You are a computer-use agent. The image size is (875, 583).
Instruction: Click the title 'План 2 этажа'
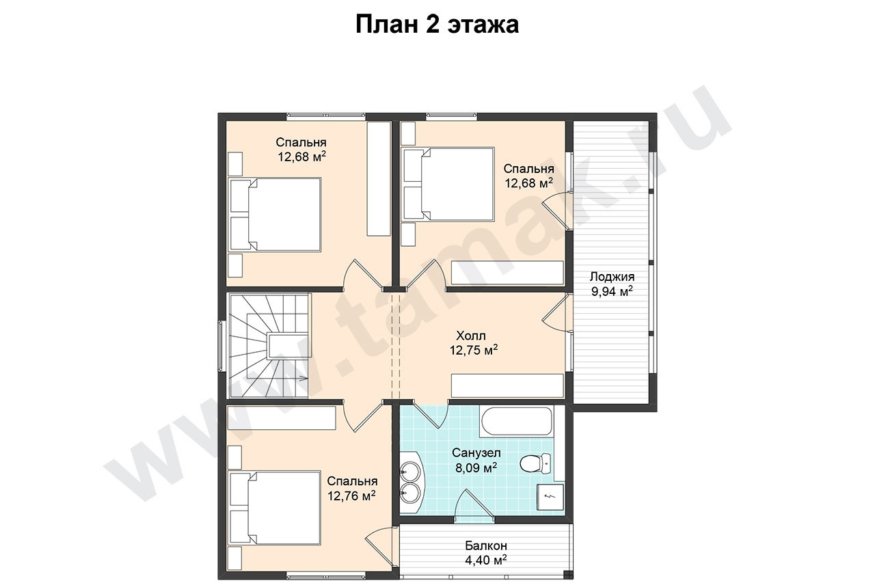coord(437,24)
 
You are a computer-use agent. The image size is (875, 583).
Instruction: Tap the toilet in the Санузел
coord(535,463)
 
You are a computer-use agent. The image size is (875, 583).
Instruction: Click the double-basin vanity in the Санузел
coord(412,483)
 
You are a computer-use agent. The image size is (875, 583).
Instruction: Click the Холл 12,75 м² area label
coord(474,343)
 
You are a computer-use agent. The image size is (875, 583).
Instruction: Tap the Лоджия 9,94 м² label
coord(612,284)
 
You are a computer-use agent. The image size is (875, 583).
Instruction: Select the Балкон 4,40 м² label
coord(486,552)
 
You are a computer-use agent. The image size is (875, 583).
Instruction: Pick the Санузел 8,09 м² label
coord(476,460)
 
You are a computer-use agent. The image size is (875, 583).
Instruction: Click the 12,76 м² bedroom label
coord(352,488)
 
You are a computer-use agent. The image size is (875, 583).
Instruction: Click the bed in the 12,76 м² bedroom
coord(275,508)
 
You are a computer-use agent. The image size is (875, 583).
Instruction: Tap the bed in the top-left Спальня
coord(275,215)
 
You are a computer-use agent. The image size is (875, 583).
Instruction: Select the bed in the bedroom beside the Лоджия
coord(448,184)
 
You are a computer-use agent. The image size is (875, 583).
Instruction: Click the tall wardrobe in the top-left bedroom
coord(379,179)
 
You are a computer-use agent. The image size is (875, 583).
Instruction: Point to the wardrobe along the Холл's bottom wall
coord(507,385)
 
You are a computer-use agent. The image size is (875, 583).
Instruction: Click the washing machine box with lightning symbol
coord(550,497)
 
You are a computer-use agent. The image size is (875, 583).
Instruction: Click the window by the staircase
coord(221,347)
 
